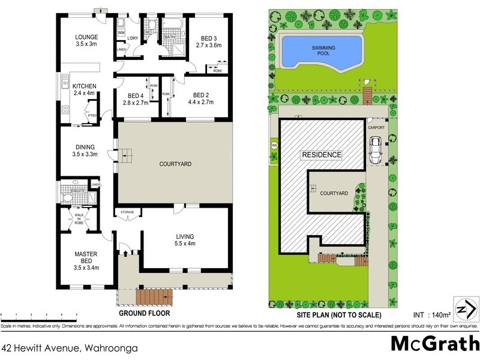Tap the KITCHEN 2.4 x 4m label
[84, 89]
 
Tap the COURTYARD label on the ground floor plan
[175, 163]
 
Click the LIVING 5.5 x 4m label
[185, 239]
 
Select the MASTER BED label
[85, 258]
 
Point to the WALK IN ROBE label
[78, 218]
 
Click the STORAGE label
[127, 212]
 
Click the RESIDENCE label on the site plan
[321, 155]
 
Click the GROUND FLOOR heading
[144, 313]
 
